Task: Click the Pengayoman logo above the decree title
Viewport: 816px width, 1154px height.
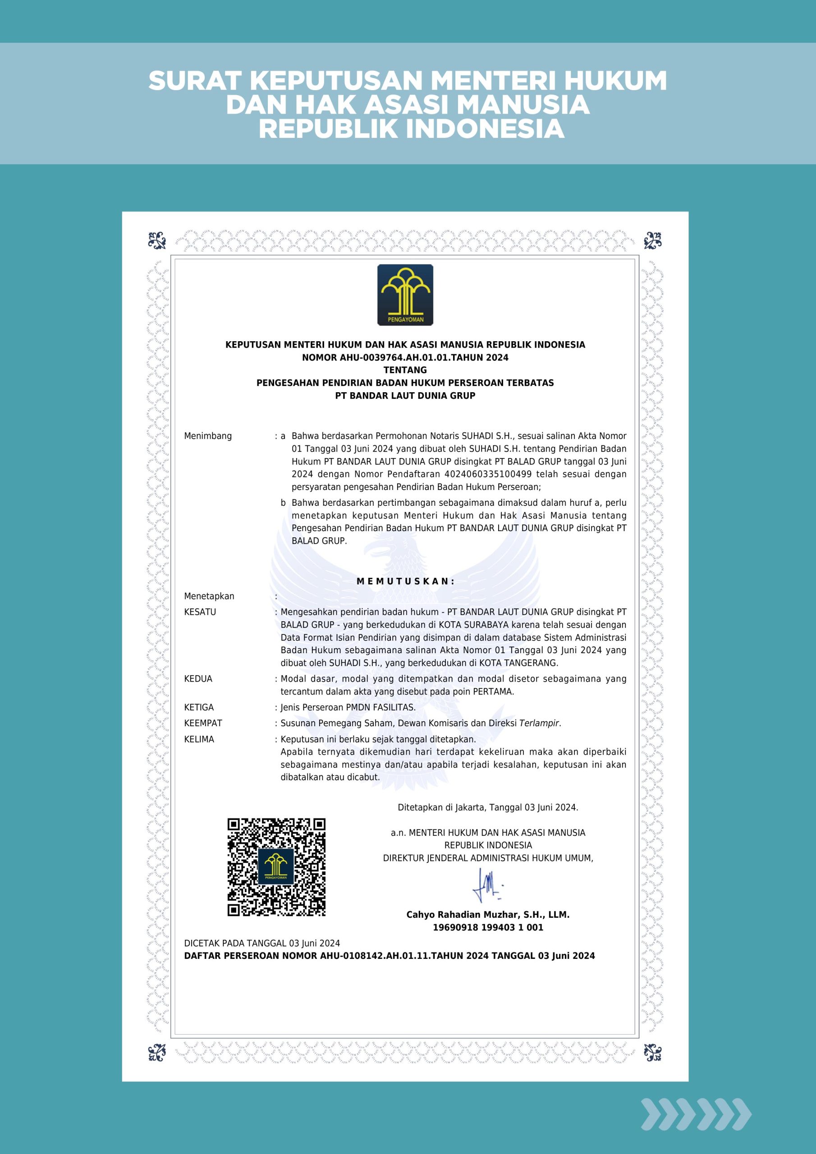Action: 405,294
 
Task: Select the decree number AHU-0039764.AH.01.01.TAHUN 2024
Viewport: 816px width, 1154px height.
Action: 405,357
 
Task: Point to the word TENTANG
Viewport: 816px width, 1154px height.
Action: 405,370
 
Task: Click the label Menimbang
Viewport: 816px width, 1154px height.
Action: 208,436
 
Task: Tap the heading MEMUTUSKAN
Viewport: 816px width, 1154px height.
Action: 405,581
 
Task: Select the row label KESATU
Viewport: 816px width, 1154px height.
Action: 200,612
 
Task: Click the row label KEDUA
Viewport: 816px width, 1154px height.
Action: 198,678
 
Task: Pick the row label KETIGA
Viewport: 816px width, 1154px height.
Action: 199,707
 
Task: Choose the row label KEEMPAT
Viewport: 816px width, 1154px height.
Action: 203,723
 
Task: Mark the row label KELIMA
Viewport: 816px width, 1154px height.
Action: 199,739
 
